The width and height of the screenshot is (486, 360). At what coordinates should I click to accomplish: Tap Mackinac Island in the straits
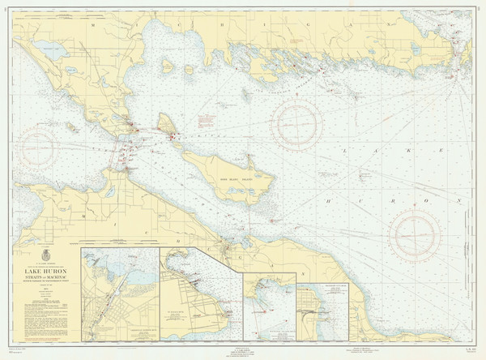[x=167, y=124]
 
